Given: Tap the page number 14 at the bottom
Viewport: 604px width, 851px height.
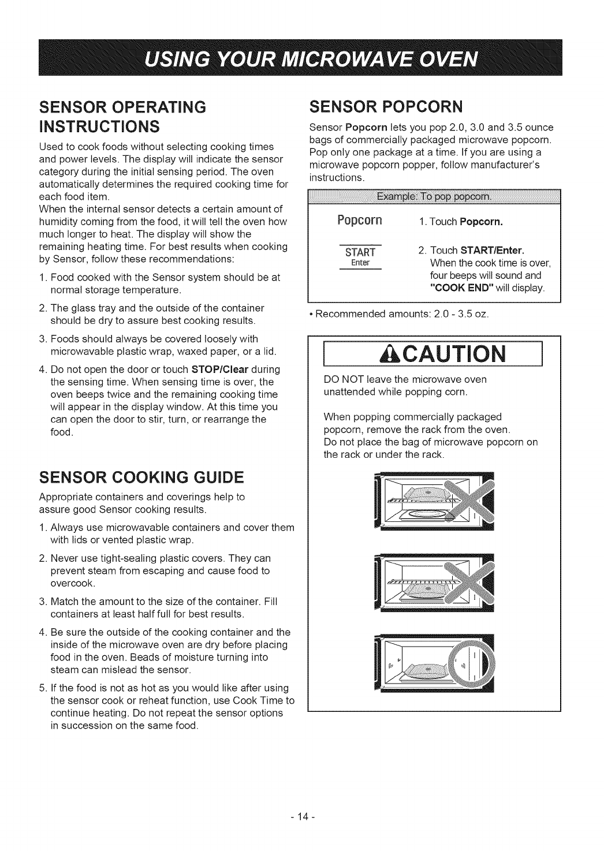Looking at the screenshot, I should (x=302, y=818).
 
